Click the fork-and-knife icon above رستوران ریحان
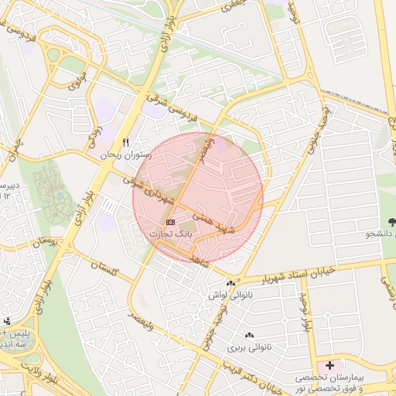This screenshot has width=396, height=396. (125, 143)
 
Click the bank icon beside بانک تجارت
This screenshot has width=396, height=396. (170, 223)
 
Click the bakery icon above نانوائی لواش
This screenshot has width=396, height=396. (231, 282)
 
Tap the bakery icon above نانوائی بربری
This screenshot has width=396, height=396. (249, 336)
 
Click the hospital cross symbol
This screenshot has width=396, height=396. (331, 364)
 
